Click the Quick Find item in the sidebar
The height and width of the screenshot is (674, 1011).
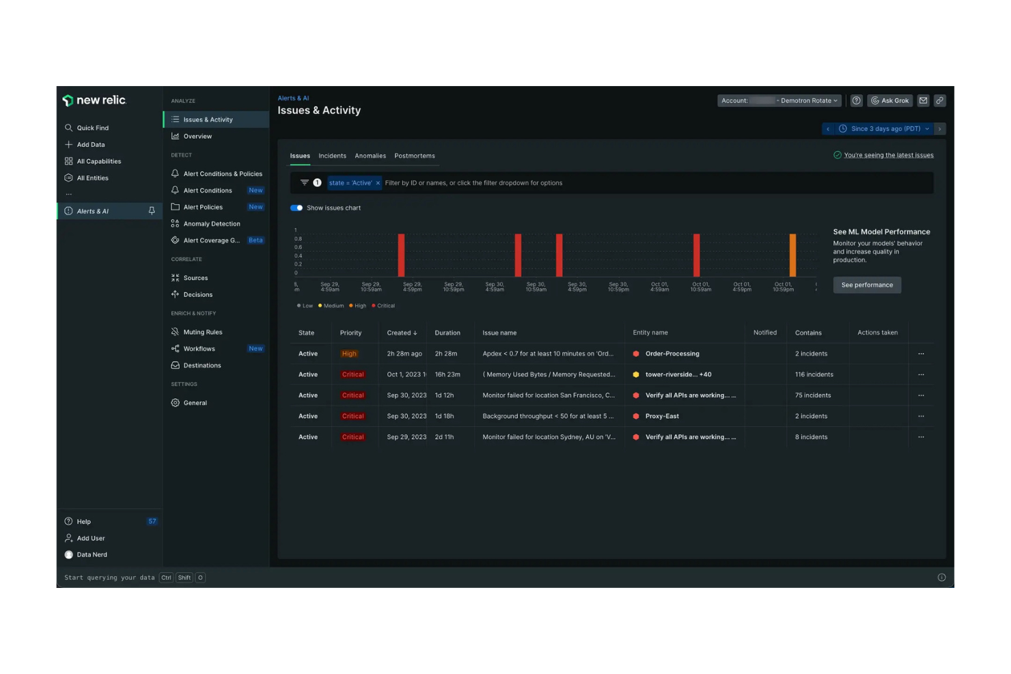pos(92,128)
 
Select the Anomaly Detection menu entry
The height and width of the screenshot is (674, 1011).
pos(211,224)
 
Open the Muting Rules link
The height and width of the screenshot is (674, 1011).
pos(202,332)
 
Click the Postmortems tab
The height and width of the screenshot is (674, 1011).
pos(414,156)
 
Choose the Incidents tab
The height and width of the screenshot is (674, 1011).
pos(332,156)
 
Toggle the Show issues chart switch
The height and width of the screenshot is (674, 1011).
pos(296,208)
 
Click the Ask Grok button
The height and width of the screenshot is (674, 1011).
pos(889,100)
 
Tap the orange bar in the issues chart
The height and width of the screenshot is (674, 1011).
pos(792,255)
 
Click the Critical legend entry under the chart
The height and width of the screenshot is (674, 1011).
pos(383,306)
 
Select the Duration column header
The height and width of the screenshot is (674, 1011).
pos(447,333)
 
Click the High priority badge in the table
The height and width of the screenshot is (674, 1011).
pos(349,354)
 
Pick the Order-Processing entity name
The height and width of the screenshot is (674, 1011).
pos(672,354)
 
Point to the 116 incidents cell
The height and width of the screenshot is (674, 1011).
pos(814,374)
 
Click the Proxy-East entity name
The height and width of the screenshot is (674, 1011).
pos(662,416)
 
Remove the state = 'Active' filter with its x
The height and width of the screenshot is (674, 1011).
pos(378,183)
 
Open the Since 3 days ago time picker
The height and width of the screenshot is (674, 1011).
pos(885,128)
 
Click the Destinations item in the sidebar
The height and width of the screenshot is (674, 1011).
pos(202,365)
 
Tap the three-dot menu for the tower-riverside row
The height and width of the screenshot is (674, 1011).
pos(921,374)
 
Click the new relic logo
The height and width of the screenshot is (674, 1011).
pos(94,100)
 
